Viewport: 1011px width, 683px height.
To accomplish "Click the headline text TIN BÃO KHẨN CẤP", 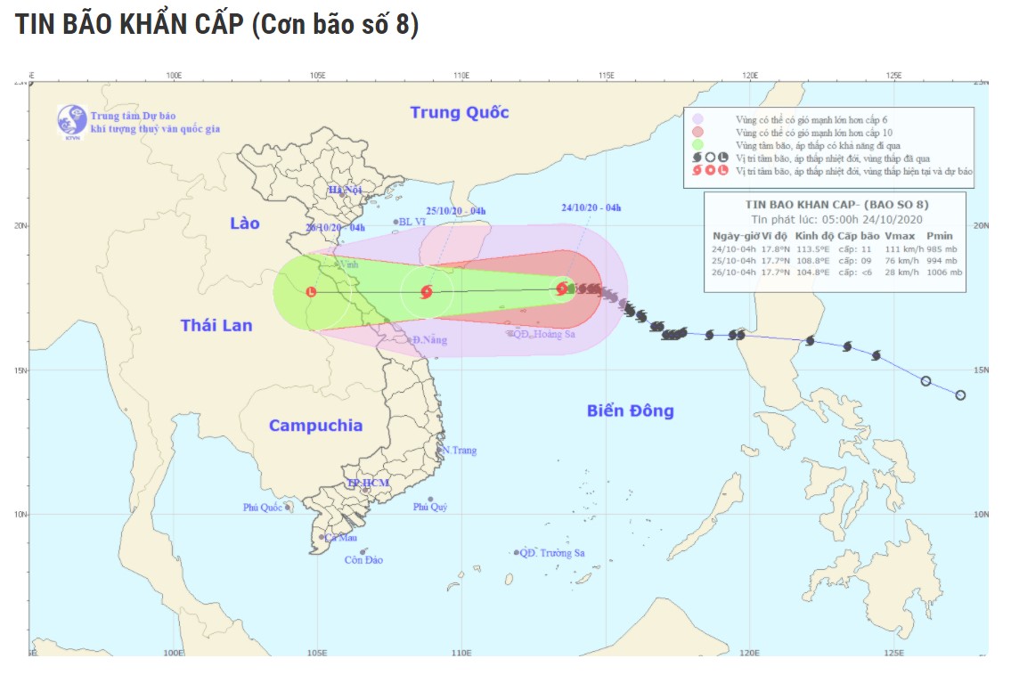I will coord(128,25).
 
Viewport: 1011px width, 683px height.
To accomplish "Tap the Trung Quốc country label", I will coord(459,112).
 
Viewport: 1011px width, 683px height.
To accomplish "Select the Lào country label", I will coord(245,223).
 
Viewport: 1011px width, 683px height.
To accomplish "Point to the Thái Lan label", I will coord(216,325).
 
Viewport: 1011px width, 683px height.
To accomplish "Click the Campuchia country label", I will coord(315,426).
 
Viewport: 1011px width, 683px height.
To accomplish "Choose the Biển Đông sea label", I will coord(630,411).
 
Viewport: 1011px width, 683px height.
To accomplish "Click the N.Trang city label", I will coord(459,450).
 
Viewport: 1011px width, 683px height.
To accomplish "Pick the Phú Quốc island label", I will coord(263,508).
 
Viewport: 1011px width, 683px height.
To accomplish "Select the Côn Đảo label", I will coord(363,560).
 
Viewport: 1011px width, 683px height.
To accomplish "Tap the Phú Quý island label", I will coord(429,507).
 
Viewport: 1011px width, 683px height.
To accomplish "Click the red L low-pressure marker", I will coord(311,291).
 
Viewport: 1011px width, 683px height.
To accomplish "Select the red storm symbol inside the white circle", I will coord(426,291).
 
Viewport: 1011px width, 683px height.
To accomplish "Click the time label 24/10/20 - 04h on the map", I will coord(591,207).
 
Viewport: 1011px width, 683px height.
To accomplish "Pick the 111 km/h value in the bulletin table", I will coord(901,249).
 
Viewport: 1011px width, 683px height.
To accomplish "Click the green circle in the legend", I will coord(698,144).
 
